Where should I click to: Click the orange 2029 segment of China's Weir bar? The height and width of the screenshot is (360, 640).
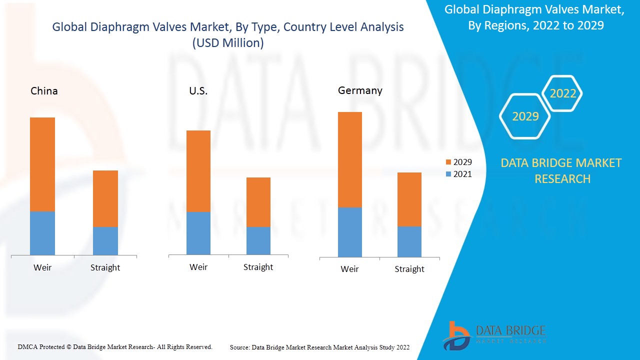42,164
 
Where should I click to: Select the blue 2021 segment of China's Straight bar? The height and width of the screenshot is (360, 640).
105,240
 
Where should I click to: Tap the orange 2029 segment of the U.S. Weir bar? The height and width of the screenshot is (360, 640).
198,171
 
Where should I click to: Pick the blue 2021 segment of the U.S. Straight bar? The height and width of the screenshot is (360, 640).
258,240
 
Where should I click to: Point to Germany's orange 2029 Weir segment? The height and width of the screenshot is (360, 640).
350,159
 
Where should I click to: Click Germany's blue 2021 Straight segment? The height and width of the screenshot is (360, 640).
409,241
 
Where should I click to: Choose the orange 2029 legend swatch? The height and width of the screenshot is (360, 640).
448,162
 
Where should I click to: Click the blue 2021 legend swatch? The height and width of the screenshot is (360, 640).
448,174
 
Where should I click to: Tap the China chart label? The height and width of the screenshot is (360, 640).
44,91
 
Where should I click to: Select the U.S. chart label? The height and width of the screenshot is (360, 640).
198,91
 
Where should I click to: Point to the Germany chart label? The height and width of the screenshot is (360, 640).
360,90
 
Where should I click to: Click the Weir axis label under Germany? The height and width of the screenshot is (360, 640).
349,269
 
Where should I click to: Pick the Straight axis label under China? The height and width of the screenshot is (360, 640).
105,267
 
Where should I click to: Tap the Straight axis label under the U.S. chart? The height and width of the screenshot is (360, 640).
258,267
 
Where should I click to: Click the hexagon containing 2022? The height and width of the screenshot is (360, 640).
562,93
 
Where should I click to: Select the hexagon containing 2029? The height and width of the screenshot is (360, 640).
525,116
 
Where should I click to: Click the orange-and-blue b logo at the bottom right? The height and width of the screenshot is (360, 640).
456,335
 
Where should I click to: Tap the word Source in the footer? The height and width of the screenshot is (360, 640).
239,347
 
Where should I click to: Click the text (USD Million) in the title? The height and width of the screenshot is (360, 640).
228,43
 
